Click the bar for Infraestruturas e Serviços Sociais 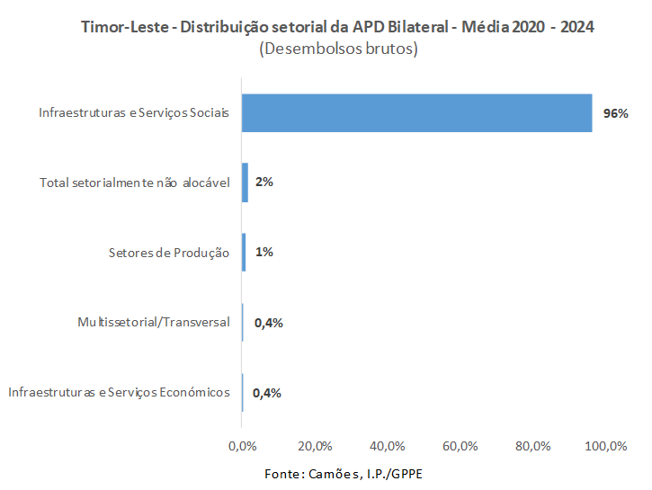pyautogui.click(x=416, y=113)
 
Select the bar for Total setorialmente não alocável pyautogui.click(x=245, y=183)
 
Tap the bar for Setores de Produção pyautogui.click(x=244, y=253)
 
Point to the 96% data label pyautogui.click(x=615, y=114)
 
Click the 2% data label pyautogui.click(x=264, y=183)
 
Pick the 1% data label pyautogui.click(x=264, y=253)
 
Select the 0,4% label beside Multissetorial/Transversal pyautogui.click(x=268, y=323)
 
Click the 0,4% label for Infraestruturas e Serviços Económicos pyautogui.click(x=268, y=393)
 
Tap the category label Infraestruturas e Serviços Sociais pyautogui.click(x=134, y=113)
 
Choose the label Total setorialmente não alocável pyautogui.click(x=135, y=183)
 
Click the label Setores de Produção pyautogui.click(x=163, y=253)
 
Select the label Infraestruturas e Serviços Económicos pyautogui.click(x=119, y=392)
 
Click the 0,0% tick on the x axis pyautogui.click(x=242, y=446)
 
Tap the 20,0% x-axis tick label pyautogui.click(x=315, y=446)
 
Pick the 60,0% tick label pyautogui.click(x=460, y=446)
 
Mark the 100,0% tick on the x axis pyautogui.click(x=606, y=446)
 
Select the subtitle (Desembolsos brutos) pyautogui.click(x=338, y=49)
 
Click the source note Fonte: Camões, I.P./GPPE pyautogui.click(x=343, y=473)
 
